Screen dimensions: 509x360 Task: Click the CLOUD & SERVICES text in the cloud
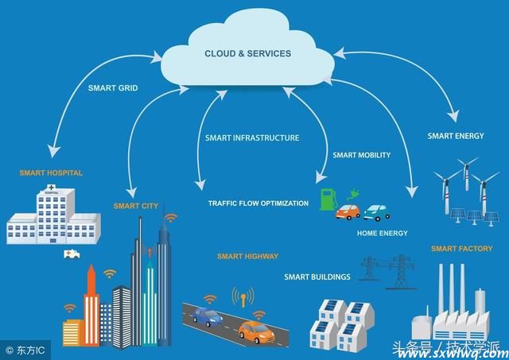click(x=247, y=53)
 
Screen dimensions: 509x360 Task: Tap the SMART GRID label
click(x=113, y=88)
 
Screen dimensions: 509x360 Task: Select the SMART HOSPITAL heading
click(x=51, y=173)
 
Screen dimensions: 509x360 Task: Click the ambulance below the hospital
click(x=72, y=254)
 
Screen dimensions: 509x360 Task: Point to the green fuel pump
click(x=328, y=199)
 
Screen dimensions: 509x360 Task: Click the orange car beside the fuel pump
click(x=348, y=211)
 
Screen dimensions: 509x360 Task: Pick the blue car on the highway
click(x=207, y=316)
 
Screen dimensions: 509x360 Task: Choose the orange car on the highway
click(x=256, y=331)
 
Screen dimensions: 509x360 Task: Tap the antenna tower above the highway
click(x=243, y=296)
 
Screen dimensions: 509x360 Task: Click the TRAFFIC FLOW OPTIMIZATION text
click(x=258, y=203)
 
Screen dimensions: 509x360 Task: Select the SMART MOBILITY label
click(x=362, y=155)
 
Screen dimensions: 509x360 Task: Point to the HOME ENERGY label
click(x=383, y=233)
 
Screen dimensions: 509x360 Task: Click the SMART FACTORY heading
click(x=462, y=249)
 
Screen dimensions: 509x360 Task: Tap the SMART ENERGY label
click(x=456, y=136)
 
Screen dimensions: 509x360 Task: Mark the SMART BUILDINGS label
click(x=317, y=277)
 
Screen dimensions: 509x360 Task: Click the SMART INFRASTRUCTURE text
click(x=252, y=137)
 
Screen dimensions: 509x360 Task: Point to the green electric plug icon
click(x=353, y=194)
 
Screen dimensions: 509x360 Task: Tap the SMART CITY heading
click(x=136, y=206)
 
